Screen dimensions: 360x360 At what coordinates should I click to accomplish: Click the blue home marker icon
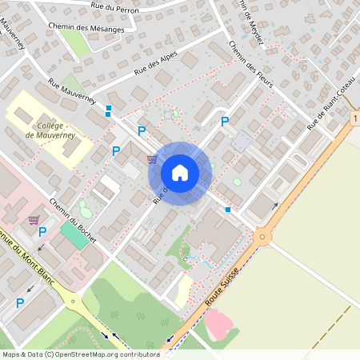coord(180,173)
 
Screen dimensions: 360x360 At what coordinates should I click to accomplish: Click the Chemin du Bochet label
coord(73,219)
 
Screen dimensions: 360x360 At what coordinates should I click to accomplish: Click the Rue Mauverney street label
coord(72,93)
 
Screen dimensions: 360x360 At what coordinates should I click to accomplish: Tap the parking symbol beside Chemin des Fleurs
coord(225,122)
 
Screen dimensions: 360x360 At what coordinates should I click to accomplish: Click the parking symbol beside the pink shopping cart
coord(42,232)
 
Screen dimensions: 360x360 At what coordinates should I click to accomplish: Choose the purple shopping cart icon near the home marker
coord(152,159)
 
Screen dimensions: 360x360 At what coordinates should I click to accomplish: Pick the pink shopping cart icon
coord(34,219)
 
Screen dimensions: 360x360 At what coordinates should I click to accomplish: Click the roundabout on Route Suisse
coord(262,237)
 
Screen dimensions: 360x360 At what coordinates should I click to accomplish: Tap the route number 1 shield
coord(354,118)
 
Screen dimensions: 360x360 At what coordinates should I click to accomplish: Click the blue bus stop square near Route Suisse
coord(228,210)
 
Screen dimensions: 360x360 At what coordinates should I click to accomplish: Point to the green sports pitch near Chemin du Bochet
coord(73,238)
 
